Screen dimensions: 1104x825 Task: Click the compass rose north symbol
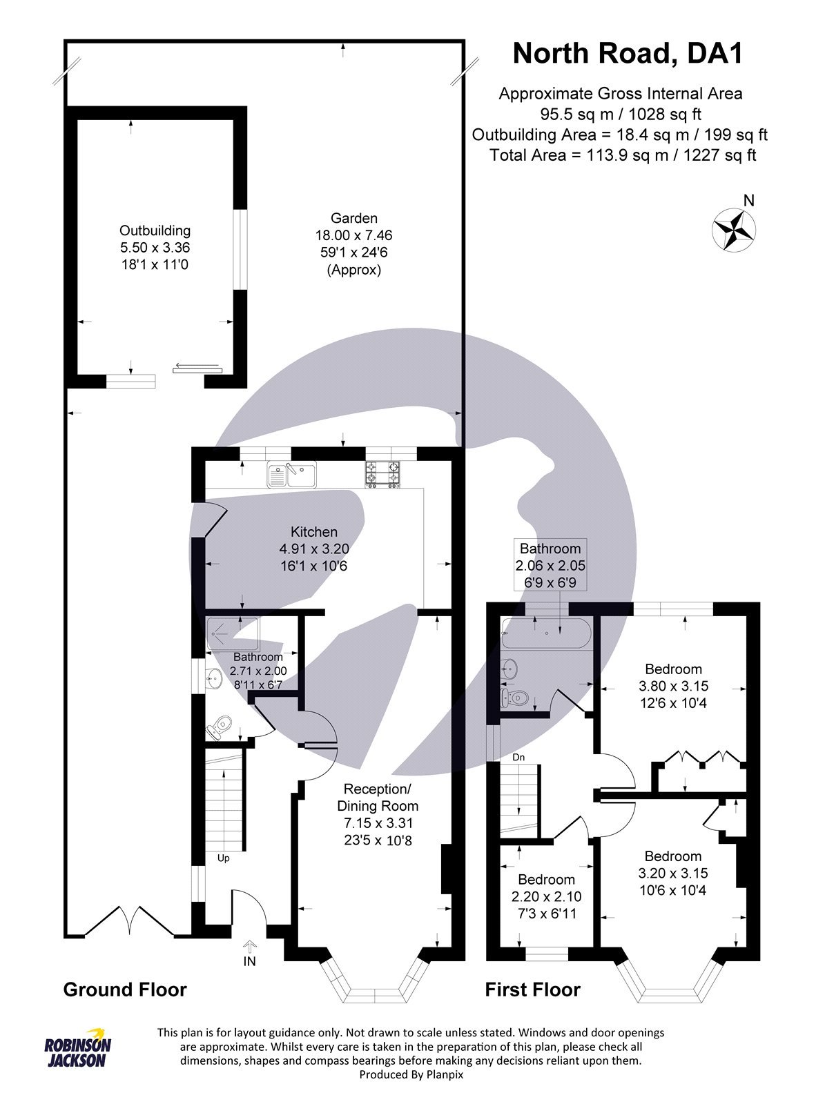point(733,228)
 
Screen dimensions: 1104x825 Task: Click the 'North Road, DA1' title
point(627,53)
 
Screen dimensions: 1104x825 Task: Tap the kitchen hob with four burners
point(382,474)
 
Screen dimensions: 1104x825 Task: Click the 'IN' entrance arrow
point(249,952)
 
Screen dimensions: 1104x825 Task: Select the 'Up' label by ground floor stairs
point(223,858)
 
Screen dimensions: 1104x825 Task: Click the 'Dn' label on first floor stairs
point(518,757)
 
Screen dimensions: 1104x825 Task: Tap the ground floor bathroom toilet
point(220,727)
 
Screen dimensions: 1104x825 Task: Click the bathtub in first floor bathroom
point(547,633)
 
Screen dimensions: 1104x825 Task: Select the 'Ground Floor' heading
point(125,989)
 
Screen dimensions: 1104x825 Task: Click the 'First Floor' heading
point(532,989)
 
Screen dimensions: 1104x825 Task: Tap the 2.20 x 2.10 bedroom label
point(546,896)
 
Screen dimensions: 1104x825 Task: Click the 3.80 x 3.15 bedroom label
point(673,686)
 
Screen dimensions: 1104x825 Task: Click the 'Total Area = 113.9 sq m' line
point(622,155)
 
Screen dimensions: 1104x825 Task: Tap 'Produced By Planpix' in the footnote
point(411,1074)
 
